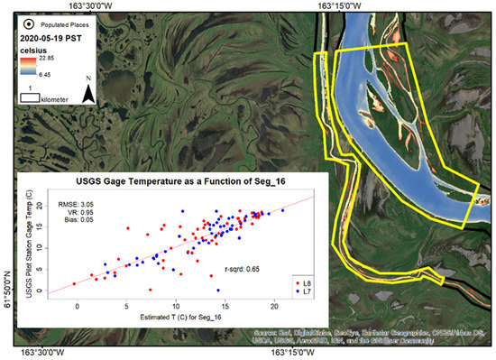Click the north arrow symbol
point(87,91)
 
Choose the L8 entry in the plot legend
point(303,283)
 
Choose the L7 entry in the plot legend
point(303,292)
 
